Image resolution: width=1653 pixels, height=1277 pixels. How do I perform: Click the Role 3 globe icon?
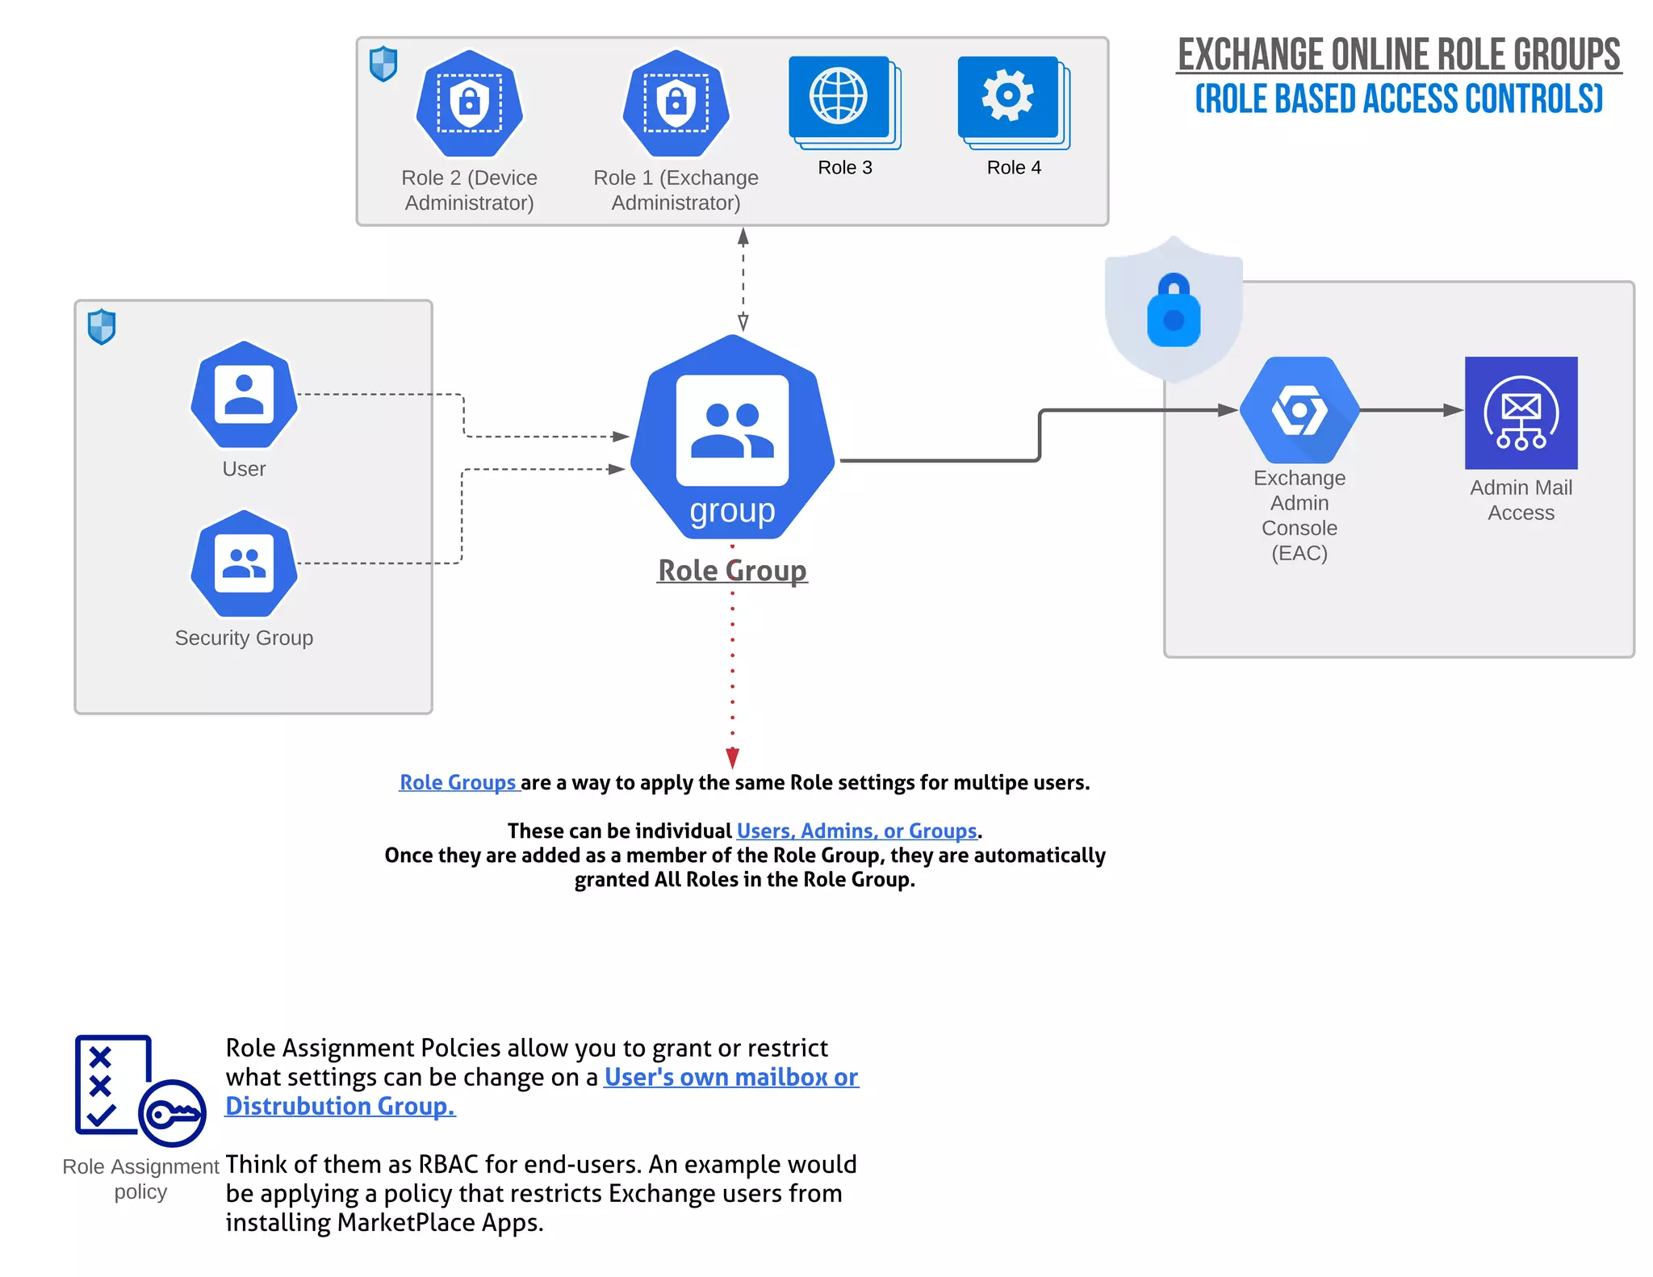click(839, 98)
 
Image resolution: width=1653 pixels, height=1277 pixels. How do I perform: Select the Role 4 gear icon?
click(1008, 96)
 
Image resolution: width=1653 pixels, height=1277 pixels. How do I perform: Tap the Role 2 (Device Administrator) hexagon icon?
click(469, 103)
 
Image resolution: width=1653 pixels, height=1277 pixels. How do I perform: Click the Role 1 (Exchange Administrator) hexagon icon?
click(676, 103)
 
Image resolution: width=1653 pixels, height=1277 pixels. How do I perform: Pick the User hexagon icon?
click(244, 394)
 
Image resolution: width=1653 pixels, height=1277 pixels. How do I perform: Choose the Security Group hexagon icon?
click(244, 563)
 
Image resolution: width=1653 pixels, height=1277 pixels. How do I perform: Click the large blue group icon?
click(732, 437)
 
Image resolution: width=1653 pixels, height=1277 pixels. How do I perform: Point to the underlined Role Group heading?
click(732, 571)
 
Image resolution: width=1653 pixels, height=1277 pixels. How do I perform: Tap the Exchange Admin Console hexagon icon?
click(1299, 409)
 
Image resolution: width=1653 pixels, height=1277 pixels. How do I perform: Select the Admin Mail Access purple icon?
click(1521, 412)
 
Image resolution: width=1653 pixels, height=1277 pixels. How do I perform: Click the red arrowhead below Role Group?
click(732, 757)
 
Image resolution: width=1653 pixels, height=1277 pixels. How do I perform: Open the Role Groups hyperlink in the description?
click(458, 782)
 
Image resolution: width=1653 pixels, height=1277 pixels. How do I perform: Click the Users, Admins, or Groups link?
click(856, 831)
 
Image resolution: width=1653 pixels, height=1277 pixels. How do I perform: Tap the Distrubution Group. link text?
click(340, 1106)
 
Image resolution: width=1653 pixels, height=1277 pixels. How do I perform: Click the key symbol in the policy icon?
click(173, 1115)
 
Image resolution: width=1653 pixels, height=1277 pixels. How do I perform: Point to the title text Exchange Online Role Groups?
click(1399, 55)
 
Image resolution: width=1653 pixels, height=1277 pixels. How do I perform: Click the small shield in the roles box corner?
click(383, 63)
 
